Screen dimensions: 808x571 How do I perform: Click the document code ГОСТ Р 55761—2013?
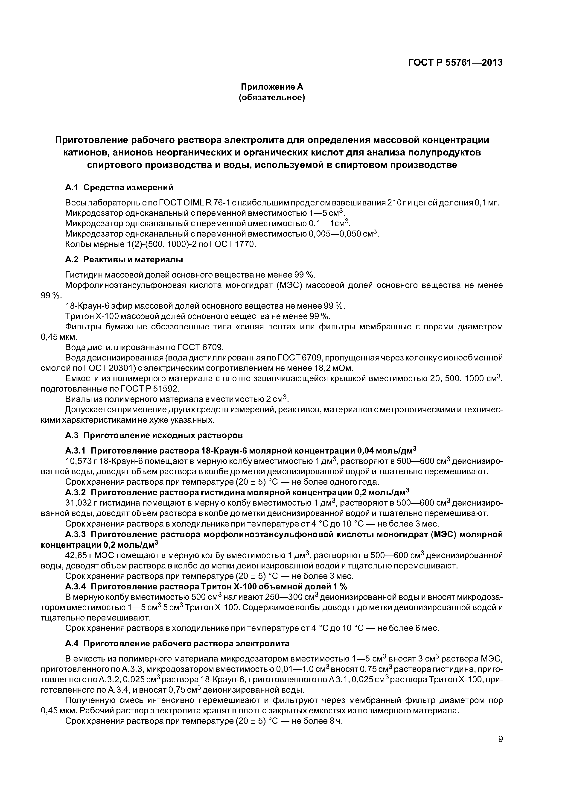[455, 63]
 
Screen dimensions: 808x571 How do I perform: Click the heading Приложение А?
[272, 87]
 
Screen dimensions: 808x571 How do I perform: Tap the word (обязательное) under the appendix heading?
[272, 97]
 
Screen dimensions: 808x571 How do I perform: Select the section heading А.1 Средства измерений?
[119, 187]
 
